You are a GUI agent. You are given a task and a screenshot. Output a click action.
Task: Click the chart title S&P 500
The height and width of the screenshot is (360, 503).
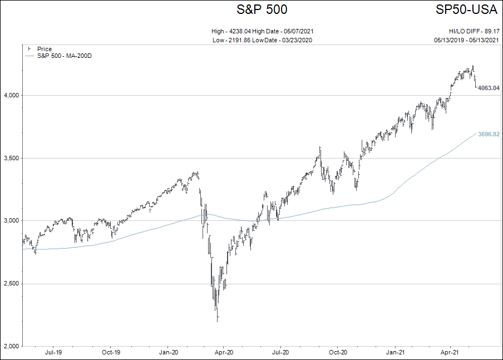tap(262, 9)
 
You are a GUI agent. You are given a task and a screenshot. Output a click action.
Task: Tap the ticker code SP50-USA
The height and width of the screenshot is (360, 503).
tap(466, 9)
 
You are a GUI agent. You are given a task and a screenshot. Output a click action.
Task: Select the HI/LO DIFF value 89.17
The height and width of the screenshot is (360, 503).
tap(492, 32)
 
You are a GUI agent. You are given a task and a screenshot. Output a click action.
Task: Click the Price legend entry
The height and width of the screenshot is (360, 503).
tap(44, 49)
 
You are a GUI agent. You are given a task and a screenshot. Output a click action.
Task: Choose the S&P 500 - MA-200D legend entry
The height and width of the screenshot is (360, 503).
tap(64, 56)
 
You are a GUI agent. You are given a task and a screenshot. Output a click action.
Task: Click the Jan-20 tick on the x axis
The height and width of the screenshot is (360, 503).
tap(169, 352)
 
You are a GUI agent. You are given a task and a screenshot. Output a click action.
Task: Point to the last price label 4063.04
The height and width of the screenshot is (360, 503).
tap(489, 88)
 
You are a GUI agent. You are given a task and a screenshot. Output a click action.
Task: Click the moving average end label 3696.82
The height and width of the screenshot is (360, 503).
tap(489, 134)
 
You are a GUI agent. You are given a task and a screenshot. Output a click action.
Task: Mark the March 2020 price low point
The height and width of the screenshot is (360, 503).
tap(217, 321)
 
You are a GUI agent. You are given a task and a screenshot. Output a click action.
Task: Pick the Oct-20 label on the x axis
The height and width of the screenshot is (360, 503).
tap(338, 352)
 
